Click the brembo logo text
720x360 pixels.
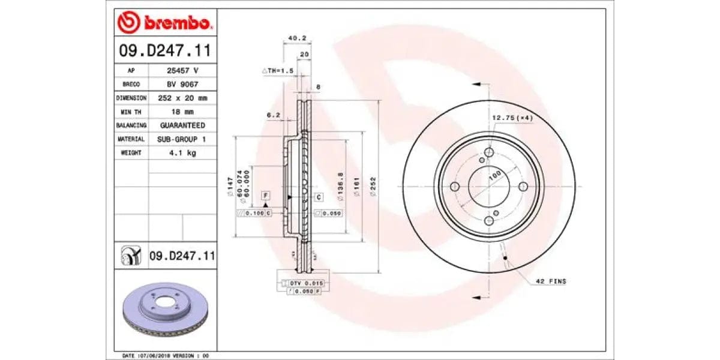176,24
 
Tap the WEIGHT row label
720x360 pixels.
131,153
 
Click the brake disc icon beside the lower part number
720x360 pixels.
130,256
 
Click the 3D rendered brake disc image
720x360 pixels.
164,308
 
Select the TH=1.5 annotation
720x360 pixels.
278,71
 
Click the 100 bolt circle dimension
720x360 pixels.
495,176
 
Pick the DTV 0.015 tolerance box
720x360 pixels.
306,283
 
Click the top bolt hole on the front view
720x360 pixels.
489,153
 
